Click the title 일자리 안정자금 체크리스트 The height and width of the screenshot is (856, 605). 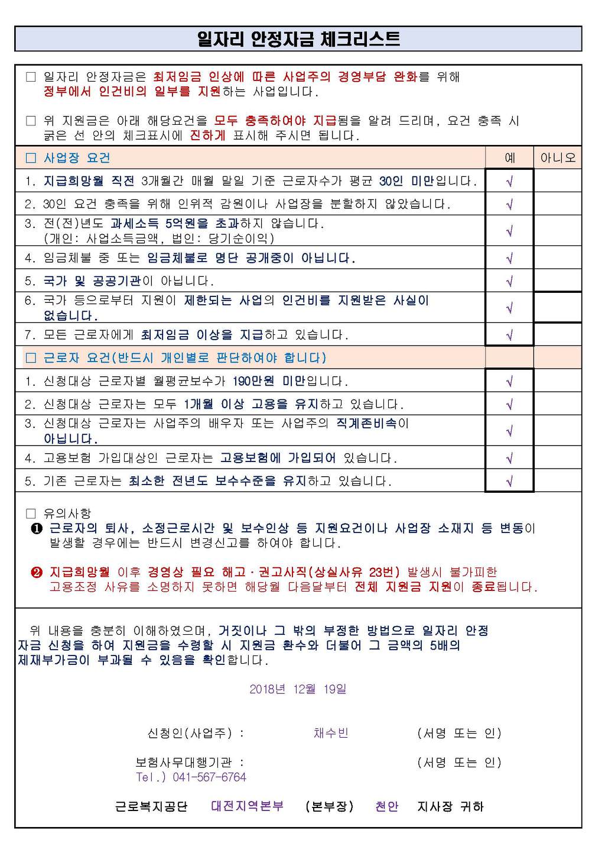coord(298,39)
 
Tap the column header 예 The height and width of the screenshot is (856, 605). coord(510,158)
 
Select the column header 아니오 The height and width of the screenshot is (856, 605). coord(558,158)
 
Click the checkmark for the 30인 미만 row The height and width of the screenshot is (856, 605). coord(509,181)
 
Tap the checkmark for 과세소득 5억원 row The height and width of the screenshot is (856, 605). coord(509,231)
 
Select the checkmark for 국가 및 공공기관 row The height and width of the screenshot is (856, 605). coord(509,281)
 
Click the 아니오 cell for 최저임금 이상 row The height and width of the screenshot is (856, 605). coord(558,335)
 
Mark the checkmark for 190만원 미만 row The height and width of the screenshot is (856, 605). coord(509,381)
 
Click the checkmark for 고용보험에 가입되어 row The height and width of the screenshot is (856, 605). coord(509,458)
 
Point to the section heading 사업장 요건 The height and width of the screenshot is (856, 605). coord(76,158)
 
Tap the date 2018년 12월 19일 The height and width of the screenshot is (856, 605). coord(298,689)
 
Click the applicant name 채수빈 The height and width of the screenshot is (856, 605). coord(331,733)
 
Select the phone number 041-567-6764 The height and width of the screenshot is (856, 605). coord(209,777)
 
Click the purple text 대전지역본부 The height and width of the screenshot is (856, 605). coord(247,806)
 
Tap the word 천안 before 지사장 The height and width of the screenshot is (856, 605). coord(387,806)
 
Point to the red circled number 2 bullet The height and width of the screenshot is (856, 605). coord(37,572)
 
